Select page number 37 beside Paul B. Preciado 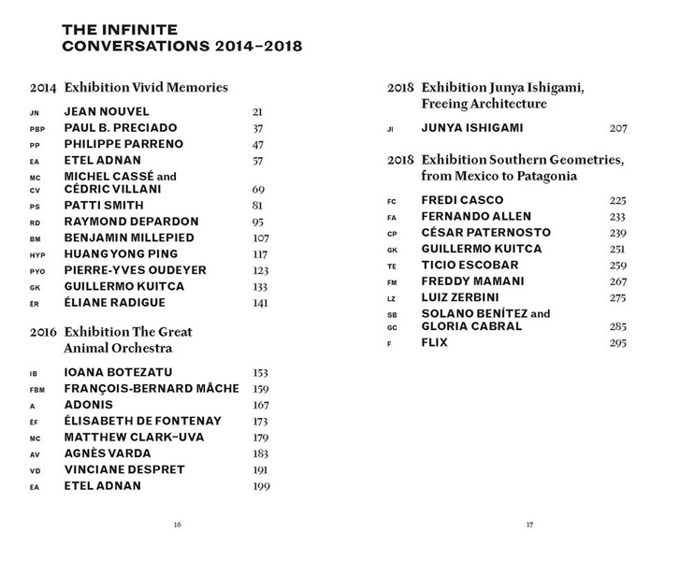(x=258, y=128)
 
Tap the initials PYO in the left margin (x=37, y=271)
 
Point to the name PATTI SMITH (x=104, y=206)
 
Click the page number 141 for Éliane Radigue (x=260, y=303)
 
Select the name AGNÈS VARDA (x=108, y=453)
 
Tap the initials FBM (x=37, y=389)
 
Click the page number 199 (x=261, y=486)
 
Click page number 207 (x=618, y=128)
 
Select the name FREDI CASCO (x=462, y=200)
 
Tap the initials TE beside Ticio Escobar (x=392, y=266)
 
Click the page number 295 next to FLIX (x=618, y=343)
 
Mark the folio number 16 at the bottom (x=177, y=525)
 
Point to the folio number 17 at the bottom (x=529, y=525)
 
